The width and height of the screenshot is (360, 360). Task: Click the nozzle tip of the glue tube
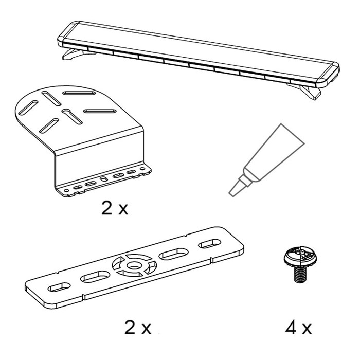(232, 194)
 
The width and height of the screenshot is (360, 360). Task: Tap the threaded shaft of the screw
(300, 274)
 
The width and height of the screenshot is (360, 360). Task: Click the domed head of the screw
(300, 257)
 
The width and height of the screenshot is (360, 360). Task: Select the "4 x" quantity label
(298, 328)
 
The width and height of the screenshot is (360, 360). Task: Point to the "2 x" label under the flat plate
(138, 328)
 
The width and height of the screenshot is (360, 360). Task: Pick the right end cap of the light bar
(329, 75)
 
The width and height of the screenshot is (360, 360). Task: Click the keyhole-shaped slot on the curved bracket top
(72, 116)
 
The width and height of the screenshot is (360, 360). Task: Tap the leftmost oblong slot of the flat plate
(59, 287)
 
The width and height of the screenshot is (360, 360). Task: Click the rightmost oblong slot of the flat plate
(210, 244)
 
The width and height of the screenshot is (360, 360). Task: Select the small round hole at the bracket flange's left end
(66, 191)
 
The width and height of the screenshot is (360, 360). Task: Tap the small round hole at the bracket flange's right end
(142, 169)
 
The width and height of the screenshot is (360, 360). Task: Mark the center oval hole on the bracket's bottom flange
(104, 179)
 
